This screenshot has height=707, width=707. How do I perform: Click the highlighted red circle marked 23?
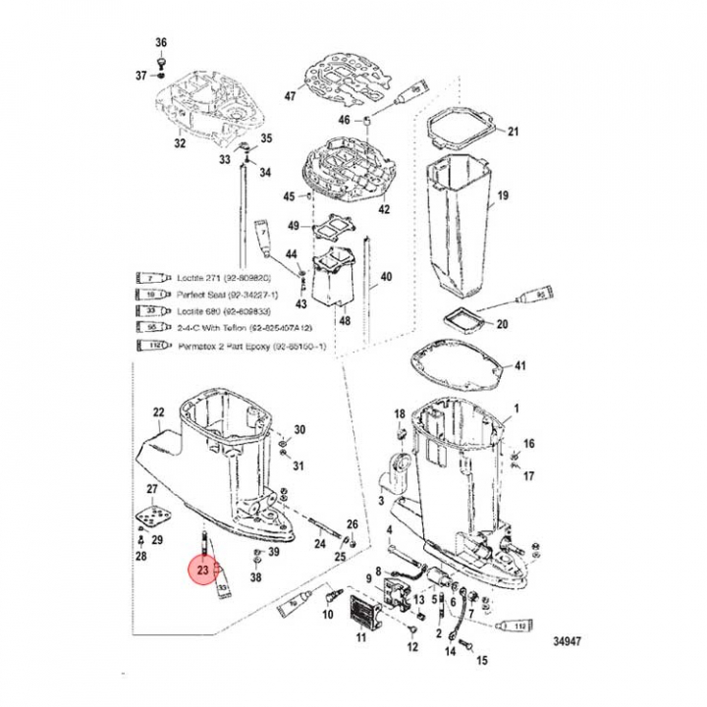203,569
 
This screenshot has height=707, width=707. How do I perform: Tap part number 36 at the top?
162,42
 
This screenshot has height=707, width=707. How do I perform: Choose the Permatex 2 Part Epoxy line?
255,347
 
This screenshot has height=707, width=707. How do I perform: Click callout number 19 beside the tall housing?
503,197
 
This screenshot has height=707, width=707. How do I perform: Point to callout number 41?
519,366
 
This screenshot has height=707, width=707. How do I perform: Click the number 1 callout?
518,408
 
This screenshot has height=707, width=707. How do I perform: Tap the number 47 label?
290,96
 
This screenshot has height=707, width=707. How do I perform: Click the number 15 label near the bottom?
481,662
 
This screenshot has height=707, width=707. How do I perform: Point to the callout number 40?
385,276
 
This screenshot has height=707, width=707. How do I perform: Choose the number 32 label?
179,143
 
